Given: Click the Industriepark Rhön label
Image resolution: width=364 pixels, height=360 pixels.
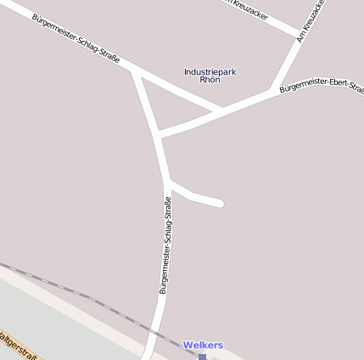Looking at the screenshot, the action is click(x=210, y=76).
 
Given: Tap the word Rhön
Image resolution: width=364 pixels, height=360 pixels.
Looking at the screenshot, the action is click(x=210, y=80).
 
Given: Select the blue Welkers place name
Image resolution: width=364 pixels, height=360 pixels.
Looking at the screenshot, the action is click(x=203, y=346).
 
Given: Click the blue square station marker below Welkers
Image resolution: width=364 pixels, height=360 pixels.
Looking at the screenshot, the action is click(x=202, y=357).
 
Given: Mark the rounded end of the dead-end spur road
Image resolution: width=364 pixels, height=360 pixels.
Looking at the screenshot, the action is click(x=219, y=203).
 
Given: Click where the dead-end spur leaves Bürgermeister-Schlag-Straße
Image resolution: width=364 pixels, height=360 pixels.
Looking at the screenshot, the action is click(x=168, y=181).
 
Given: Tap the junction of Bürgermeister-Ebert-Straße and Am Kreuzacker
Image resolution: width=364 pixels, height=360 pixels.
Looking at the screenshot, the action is click(x=272, y=88).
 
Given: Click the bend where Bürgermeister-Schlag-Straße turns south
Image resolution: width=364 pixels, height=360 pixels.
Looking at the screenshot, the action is click(x=135, y=71).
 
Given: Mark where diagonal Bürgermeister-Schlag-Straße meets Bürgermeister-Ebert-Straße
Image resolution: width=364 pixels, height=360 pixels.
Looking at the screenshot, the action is click(x=219, y=110).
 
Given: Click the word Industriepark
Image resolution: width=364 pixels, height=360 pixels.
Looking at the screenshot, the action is click(x=210, y=71).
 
